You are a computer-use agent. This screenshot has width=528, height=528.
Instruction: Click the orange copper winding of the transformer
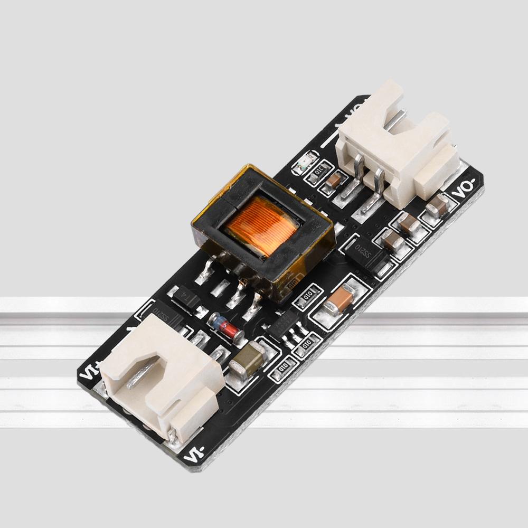(260, 224)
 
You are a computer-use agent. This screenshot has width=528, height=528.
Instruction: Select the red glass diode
(226, 327)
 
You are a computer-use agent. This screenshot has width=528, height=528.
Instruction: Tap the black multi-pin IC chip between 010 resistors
(285, 325)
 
